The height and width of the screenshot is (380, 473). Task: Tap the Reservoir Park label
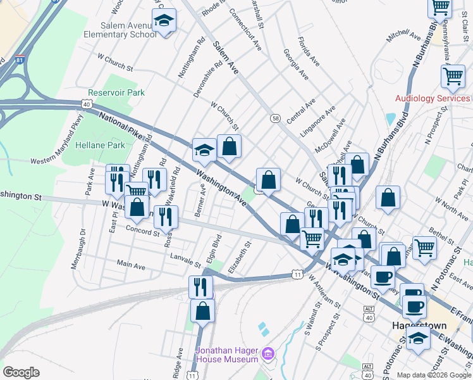click(x=116, y=92)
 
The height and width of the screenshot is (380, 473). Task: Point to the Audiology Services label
click(x=433, y=98)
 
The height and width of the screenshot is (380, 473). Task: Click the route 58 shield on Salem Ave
click(x=275, y=118)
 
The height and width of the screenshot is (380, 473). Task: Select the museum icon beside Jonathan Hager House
click(x=268, y=352)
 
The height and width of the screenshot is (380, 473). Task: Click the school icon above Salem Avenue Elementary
click(x=164, y=21)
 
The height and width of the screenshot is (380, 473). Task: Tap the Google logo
click(x=21, y=372)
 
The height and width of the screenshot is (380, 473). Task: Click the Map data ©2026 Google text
click(x=434, y=375)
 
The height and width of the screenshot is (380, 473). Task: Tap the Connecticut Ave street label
click(x=245, y=29)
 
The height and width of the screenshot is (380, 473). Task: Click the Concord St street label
click(x=142, y=231)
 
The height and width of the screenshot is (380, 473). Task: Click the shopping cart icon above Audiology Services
click(x=453, y=76)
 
